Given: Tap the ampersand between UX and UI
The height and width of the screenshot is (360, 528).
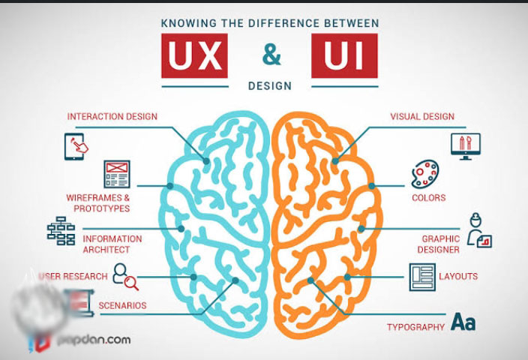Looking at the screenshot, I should click(x=269, y=55).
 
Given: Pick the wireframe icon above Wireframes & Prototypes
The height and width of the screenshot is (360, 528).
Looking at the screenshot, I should click(x=117, y=174).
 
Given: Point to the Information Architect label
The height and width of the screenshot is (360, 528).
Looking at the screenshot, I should click(x=112, y=244).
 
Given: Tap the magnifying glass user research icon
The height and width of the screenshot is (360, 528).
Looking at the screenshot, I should click(x=125, y=277).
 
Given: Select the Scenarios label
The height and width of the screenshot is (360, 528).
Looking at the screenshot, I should click(x=122, y=306).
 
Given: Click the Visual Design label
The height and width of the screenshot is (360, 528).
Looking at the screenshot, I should click(x=421, y=117).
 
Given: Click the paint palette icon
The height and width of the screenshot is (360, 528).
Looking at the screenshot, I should click(x=425, y=175).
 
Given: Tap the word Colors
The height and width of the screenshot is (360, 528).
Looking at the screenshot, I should click(x=428, y=198).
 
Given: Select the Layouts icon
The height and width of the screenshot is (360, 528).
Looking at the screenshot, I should click(x=422, y=277).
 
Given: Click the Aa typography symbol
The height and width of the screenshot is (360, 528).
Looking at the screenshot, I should click(x=463, y=323).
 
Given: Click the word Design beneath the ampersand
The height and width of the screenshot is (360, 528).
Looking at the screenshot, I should click(x=269, y=85).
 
